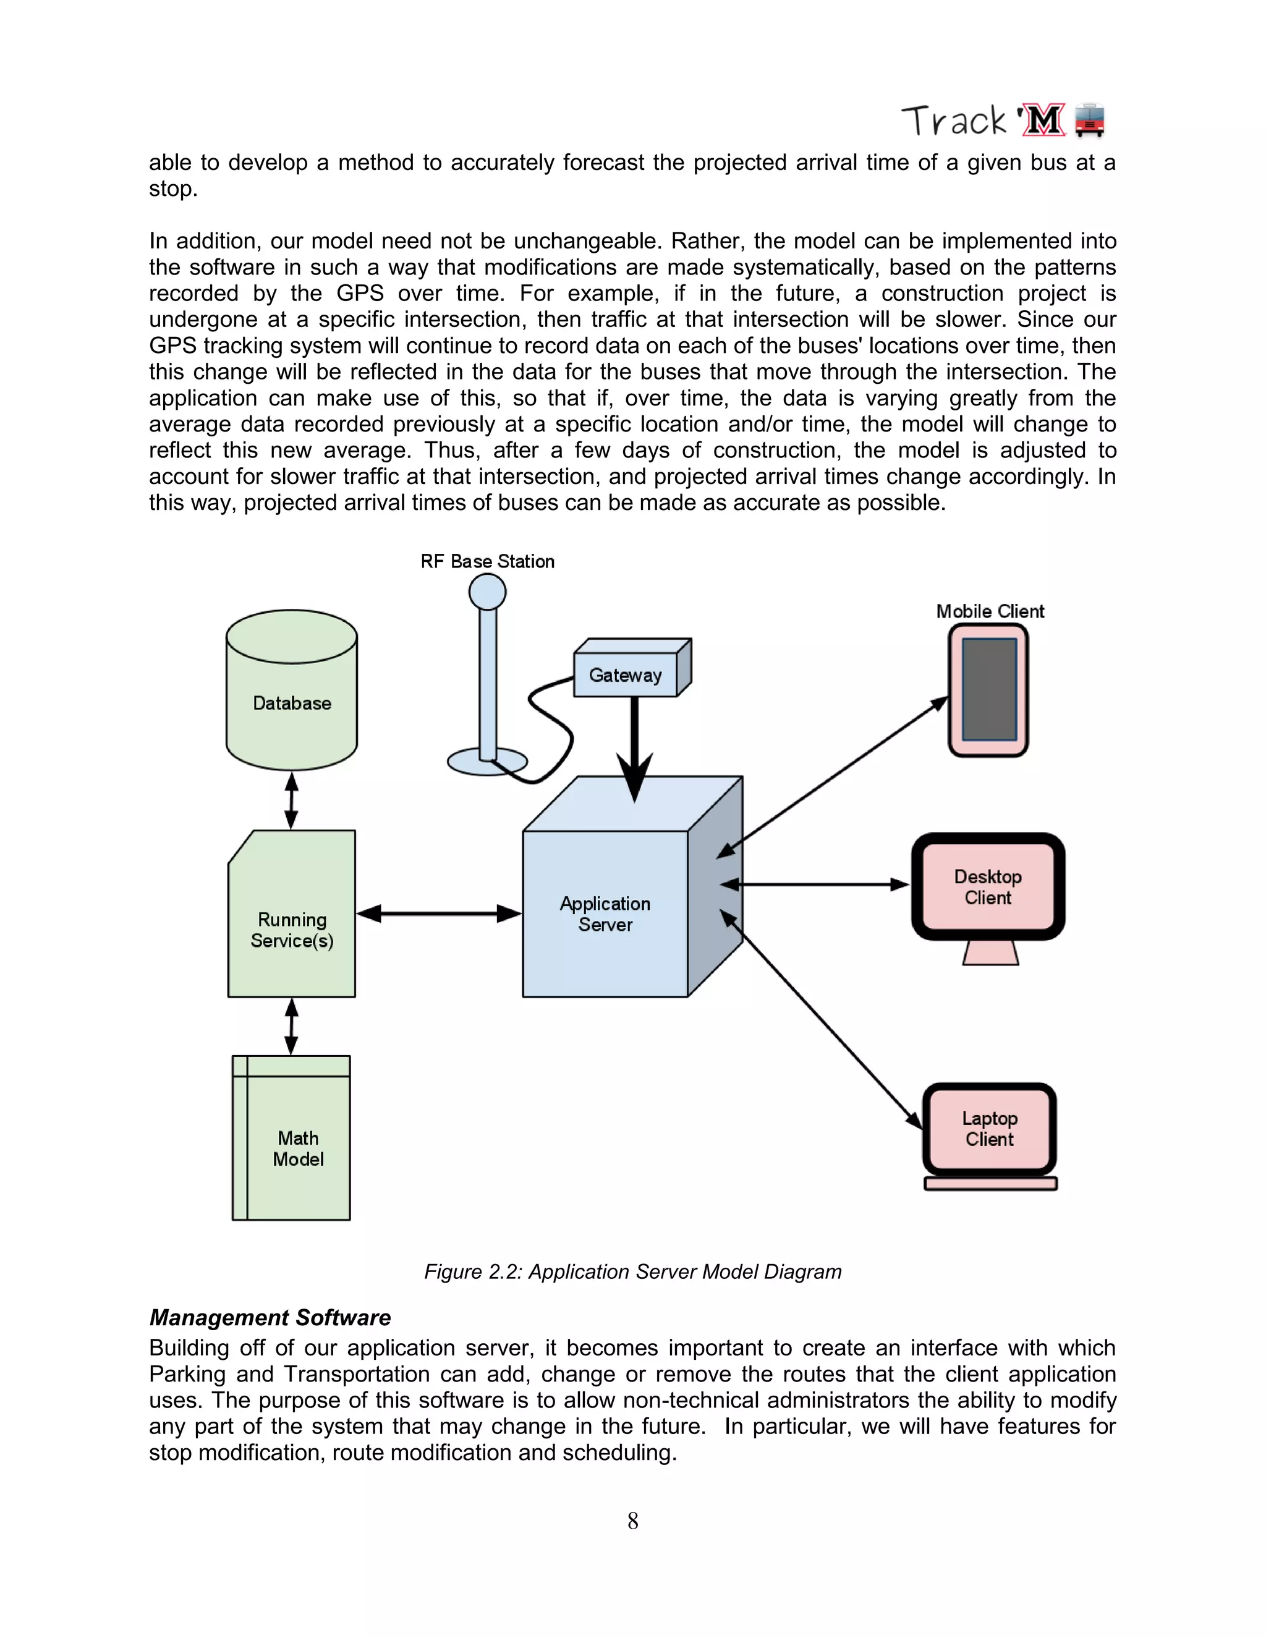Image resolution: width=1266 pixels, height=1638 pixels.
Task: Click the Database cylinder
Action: click(291, 702)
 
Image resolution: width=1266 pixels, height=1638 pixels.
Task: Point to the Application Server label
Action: click(605, 914)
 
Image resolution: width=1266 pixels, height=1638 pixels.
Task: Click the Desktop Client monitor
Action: click(988, 887)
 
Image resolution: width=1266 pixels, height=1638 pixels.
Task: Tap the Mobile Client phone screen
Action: click(988, 689)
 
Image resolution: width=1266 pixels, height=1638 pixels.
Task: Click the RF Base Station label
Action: click(488, 562)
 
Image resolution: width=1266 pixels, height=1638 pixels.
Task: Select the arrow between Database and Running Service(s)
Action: click(292, 800)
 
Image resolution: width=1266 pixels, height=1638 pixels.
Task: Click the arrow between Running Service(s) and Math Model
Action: click(292, 1026)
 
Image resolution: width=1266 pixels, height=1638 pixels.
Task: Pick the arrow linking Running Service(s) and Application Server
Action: click(439, 914)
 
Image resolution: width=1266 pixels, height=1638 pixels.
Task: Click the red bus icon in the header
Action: click(1090, 121)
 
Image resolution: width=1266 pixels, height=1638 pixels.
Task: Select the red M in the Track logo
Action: click(1043, 121)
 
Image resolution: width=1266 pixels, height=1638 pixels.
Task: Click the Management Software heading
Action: click(270, 1318)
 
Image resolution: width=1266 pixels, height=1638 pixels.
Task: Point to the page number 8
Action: click(633, 1521)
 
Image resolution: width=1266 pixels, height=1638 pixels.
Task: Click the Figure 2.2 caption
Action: click(633, 1272)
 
